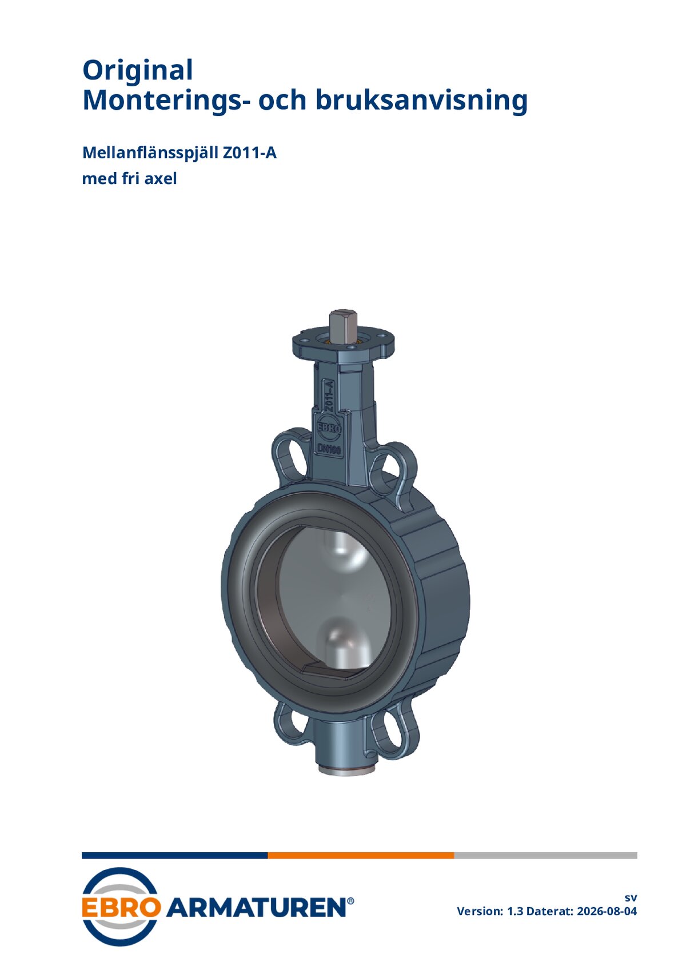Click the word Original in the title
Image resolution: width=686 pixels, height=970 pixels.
(x=137, y=70)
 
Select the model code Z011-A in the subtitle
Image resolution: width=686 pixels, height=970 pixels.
(x=249, y=153)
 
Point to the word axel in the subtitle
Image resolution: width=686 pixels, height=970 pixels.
(x=160, y=178)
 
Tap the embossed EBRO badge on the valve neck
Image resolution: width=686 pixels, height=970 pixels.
(x=329, y=428)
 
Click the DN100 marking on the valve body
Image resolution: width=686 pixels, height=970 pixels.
(x=330, y=449)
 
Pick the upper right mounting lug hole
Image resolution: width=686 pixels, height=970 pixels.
(x=389, y=470)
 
